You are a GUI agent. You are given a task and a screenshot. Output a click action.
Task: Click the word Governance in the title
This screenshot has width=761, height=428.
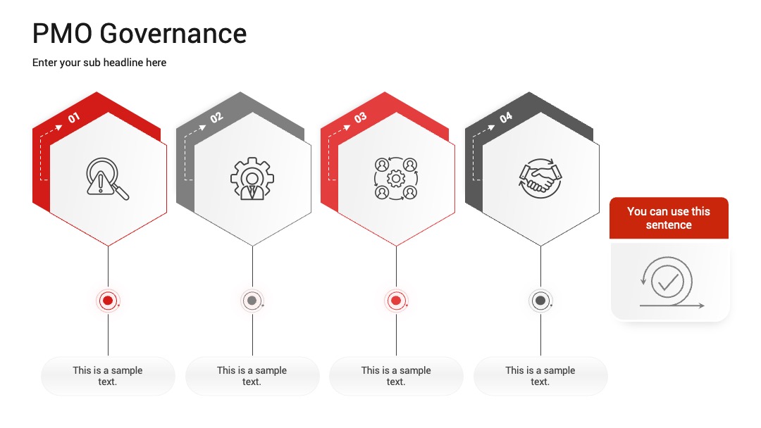(x=173, y=34)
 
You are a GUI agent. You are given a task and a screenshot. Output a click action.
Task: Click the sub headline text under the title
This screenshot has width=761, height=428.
(x=99, y=63)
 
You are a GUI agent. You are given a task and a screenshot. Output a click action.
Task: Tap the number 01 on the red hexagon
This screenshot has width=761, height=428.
(x=74, y=118)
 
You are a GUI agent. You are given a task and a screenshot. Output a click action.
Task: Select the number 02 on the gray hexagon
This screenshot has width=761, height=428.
(x=216, y=118)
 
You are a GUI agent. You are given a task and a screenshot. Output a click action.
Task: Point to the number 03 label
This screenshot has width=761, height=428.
(x=360, y=118)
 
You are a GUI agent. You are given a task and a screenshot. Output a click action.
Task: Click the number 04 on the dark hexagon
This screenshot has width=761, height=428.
(x=506, y=118)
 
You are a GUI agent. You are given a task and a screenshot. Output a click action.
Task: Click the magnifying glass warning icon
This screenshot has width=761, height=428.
(x=107, y=179)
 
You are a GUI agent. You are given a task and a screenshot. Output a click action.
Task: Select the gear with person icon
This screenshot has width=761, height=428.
(x=252, y=178)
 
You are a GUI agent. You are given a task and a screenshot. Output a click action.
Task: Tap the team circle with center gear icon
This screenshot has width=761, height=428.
(x=396, y=178)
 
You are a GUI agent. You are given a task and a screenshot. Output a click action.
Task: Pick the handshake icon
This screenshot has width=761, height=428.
(x=540, y=178)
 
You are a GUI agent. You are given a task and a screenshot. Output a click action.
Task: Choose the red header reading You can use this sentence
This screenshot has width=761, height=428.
(x=669, y=218)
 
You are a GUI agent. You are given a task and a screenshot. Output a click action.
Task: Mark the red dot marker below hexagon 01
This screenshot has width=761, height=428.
(x=108, y=301)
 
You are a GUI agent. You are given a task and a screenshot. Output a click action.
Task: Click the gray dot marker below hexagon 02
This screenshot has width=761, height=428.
(x=252, y=301)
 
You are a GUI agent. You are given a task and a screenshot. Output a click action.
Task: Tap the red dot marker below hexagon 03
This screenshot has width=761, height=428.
(x=396, y=301)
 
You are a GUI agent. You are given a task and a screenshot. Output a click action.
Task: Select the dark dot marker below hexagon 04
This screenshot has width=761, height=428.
(x=540, y=301)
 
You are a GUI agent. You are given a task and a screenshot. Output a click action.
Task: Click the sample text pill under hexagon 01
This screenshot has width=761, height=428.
(x=108, y=376)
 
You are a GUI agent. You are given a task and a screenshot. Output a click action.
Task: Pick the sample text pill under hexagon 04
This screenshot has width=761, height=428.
(x=540, y=376)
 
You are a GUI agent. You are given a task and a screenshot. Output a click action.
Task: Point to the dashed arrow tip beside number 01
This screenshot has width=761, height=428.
(x=61, y=127)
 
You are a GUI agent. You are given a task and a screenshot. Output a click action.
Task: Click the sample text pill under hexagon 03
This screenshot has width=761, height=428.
(x=396, y=376)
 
